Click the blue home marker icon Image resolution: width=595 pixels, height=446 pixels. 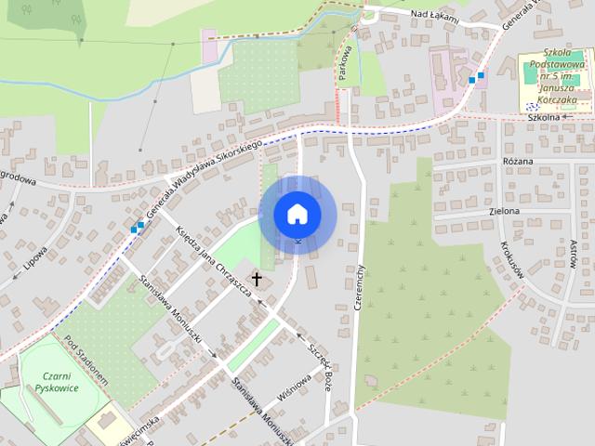click(x=297, y=215)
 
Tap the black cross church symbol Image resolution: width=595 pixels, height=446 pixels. click(x=257, y=279)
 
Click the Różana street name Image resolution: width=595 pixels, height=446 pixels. click(x=517, y=162)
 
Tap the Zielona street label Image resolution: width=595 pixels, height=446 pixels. click(x=504, y=211)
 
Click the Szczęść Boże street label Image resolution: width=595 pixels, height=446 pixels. click(x=315, y=361)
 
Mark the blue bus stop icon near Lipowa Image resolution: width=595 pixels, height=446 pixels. click(x=138, y=226)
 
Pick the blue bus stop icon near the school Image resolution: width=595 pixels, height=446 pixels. click(x=477, y=77)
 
